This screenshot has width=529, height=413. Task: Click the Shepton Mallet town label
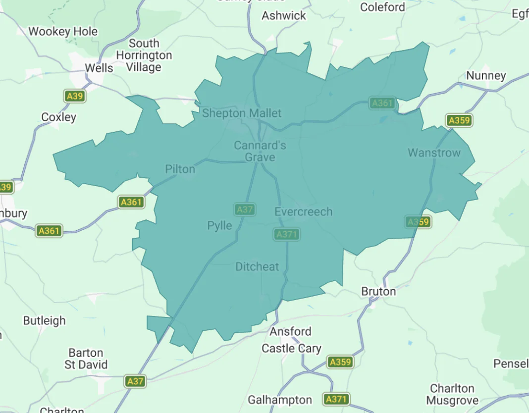click(x=241, y=113)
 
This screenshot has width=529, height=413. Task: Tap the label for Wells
click(x=99, y=68)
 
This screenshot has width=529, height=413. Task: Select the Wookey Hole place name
click(x=63, y=32)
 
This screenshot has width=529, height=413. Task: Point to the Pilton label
click(x=180, y=169)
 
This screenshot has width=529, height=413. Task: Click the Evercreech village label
click(x=303, y=212)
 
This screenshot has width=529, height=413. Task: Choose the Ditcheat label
click(x=257, y=267)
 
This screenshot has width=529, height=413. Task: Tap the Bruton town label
click(x=378, y=291)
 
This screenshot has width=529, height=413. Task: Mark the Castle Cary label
click(x=291, y=349)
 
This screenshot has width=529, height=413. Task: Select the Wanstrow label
click(x=434, y=153)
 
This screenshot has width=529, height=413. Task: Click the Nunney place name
click(x=486, y=76)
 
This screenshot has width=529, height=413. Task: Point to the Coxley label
click(x=58, y=117)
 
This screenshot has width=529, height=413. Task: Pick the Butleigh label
click(x=44, y=321)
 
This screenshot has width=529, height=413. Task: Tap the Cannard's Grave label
click(x=260, y=151)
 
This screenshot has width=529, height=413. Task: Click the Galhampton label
click(x=280, y=400)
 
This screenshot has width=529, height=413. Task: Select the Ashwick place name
click(x=284, y=16)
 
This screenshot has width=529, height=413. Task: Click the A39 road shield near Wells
click(x=75, y=96)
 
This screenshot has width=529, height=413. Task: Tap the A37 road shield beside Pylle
click(x=245, y=209)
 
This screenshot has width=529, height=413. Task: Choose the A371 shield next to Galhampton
click(x=337, y=399)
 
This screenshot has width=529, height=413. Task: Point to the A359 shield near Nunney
click(x=459, y=120)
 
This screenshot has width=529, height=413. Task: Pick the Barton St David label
click(x=86, y=359)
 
